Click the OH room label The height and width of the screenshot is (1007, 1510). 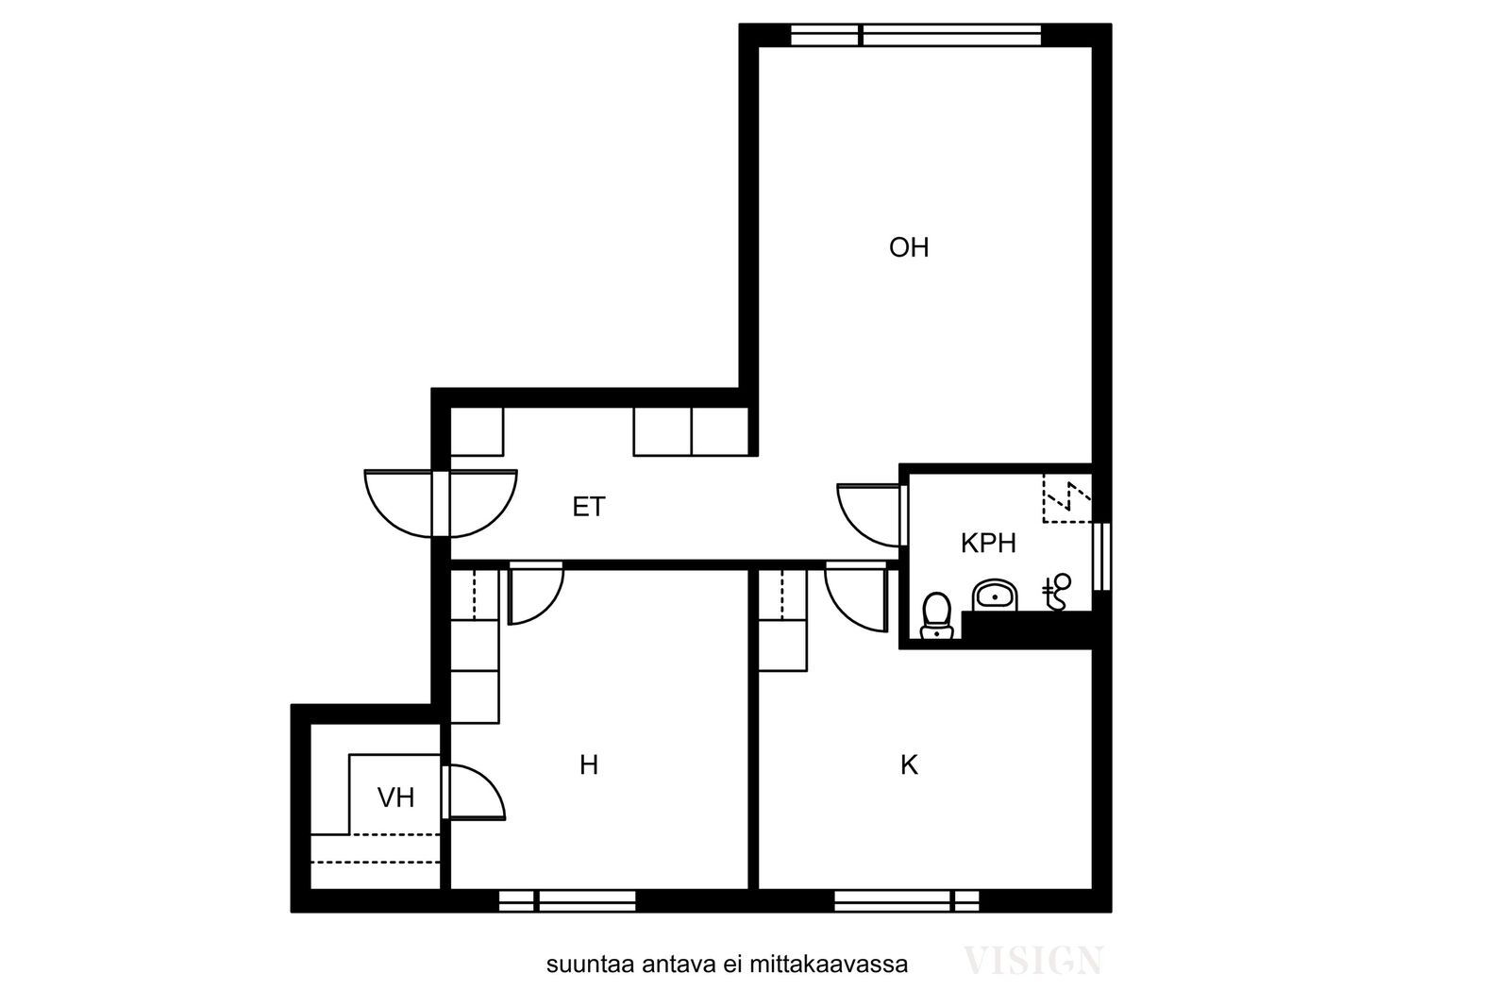909,248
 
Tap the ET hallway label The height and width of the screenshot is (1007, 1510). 589,507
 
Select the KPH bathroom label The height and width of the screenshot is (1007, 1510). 988,544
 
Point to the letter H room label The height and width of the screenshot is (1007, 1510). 589,765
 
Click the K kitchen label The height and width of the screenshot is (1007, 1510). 910,765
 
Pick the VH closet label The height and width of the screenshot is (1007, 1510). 395,798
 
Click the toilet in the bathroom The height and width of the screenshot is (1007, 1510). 936,615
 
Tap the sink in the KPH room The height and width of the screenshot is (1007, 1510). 995,596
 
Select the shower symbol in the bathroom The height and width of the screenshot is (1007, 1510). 1056,592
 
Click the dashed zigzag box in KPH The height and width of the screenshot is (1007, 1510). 1067,498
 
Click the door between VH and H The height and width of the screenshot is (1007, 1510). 474,793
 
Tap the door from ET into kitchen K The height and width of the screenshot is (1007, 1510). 855,597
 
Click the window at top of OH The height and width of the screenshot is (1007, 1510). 915,35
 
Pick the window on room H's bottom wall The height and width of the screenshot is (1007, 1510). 567,900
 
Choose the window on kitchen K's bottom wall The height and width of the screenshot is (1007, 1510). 907,900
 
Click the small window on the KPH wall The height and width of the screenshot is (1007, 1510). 1101,557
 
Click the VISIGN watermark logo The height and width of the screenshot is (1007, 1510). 1032,961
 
